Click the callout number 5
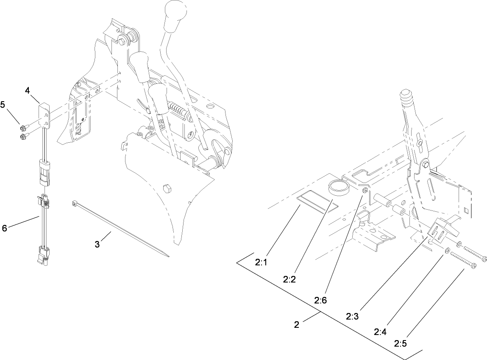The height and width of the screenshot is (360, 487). coord(3,105)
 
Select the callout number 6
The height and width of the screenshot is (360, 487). coord(5,228)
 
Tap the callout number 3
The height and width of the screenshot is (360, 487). coord(98,245)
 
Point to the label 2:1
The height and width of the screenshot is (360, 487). coord(262,262)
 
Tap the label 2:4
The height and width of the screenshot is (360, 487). coord(381,332)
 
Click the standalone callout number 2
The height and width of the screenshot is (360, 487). coord(297,325)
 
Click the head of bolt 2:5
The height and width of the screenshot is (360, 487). coord(474,266)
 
